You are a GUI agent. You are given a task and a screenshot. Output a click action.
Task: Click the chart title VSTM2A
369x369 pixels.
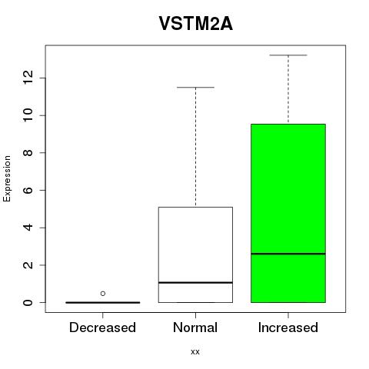pyautogui.click(x=196, y=24)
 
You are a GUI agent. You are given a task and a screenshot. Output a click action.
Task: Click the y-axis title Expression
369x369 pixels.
pyautogui.click(x=7, y=178)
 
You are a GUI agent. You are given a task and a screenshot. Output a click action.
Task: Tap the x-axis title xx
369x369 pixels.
pyautogui.click(x=195, y=352)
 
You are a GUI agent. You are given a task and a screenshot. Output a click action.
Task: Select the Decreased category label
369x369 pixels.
pyautogui.click(x=102, y=327)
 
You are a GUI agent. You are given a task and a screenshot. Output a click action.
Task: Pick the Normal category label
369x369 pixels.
pyautogui.click(x=195, y=327)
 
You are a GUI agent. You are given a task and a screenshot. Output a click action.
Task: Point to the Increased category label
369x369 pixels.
pyautogui.click(x=288, y=327)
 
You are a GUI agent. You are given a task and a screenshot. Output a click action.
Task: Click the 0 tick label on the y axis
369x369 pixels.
pyautogui.click(x=28, y=303)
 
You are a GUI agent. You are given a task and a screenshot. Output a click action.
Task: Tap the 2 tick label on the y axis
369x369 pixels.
pyautogui.click(x=28, y=265)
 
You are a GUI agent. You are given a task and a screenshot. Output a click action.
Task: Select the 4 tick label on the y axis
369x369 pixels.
pyautogui.click(x=28, y=228)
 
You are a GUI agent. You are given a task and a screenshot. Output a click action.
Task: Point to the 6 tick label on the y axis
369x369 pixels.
pyautogui.click(x=28, y=190)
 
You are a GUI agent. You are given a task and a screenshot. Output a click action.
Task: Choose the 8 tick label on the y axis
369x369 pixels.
pyautogui.click(x=28, y=153)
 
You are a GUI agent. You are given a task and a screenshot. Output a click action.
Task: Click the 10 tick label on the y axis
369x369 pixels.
pyautogui.click(x=28, y=115)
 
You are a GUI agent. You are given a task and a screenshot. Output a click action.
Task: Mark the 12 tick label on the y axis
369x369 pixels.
pyautogui.click(x=28, y=78)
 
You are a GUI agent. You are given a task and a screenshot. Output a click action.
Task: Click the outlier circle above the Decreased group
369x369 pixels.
pyautogui.click(x=103, y=294)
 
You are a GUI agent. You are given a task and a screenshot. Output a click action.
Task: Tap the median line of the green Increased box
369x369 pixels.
pyautogui.click(x=288, y=254)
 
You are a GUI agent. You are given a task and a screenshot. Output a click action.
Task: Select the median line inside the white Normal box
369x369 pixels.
pyautogui.click(x=195, y=282)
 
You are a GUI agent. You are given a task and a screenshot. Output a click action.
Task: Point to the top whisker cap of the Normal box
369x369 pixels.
pyautogui.click(x=195, y=88)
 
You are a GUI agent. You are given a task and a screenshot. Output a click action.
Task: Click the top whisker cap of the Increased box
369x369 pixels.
pyautogui.click(x=288, y=55)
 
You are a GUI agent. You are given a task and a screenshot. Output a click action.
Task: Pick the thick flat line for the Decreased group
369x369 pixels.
pyautogui.click(x=103, y=303)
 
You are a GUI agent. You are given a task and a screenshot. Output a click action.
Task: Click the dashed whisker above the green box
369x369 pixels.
pyautogui.click(x=288, y=89)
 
